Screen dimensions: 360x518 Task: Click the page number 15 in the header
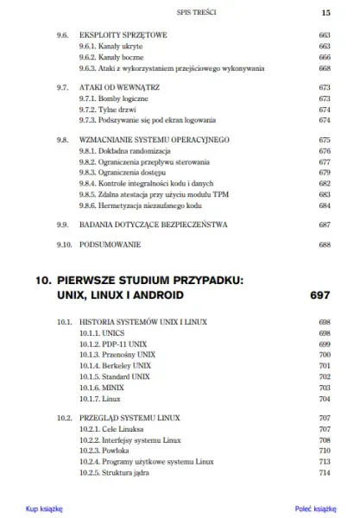click(x=326, y=13)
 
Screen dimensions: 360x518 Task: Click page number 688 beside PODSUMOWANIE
click(x=325, y=245)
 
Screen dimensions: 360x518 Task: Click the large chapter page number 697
click(x=319, y=295)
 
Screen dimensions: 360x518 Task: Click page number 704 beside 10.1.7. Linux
click(x=325, y=400)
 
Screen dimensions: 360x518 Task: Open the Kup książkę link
click(x=44, y=509)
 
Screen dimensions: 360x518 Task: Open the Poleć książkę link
click(x=314, y=509)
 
